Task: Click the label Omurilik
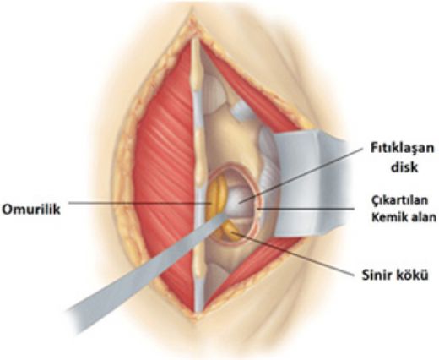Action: coord(31,210)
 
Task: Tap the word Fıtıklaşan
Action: coord(402,149)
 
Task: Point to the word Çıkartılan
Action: coord(399,200)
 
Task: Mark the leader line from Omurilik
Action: coord(140,203)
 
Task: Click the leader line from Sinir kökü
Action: coord(294,254)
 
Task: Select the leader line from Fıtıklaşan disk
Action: coord(300,175)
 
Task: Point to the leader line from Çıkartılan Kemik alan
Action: coord(306,209)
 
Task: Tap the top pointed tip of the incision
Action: coord(192,8)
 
